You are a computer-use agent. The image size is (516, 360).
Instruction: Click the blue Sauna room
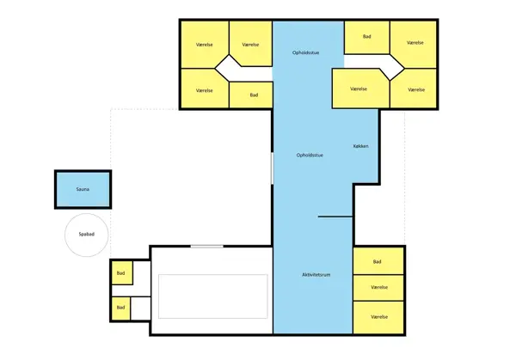click(83, 189)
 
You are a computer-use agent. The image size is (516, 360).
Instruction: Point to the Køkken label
click(361, 147)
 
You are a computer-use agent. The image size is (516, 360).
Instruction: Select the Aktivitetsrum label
click(316, 274)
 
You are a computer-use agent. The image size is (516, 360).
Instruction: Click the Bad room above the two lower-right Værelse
click(378, 261)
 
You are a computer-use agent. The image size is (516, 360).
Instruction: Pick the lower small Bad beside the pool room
click(120, 307)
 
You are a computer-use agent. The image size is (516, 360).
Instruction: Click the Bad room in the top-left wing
click(254, 95)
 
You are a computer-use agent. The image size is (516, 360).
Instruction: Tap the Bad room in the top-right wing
click(367, 37)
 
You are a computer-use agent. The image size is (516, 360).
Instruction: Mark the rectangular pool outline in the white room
click(212, 296)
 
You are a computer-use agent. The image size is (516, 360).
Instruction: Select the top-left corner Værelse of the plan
click(205, 44)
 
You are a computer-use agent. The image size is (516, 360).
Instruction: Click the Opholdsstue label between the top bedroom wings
click(308, 53)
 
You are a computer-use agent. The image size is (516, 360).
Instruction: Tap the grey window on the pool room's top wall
click(206, 247)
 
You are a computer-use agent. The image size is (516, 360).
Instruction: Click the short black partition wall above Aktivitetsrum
click(335, 217)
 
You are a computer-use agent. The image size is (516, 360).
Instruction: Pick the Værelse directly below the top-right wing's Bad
click(359, 88)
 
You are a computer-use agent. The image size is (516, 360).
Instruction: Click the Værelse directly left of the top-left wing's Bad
click(205, 89)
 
